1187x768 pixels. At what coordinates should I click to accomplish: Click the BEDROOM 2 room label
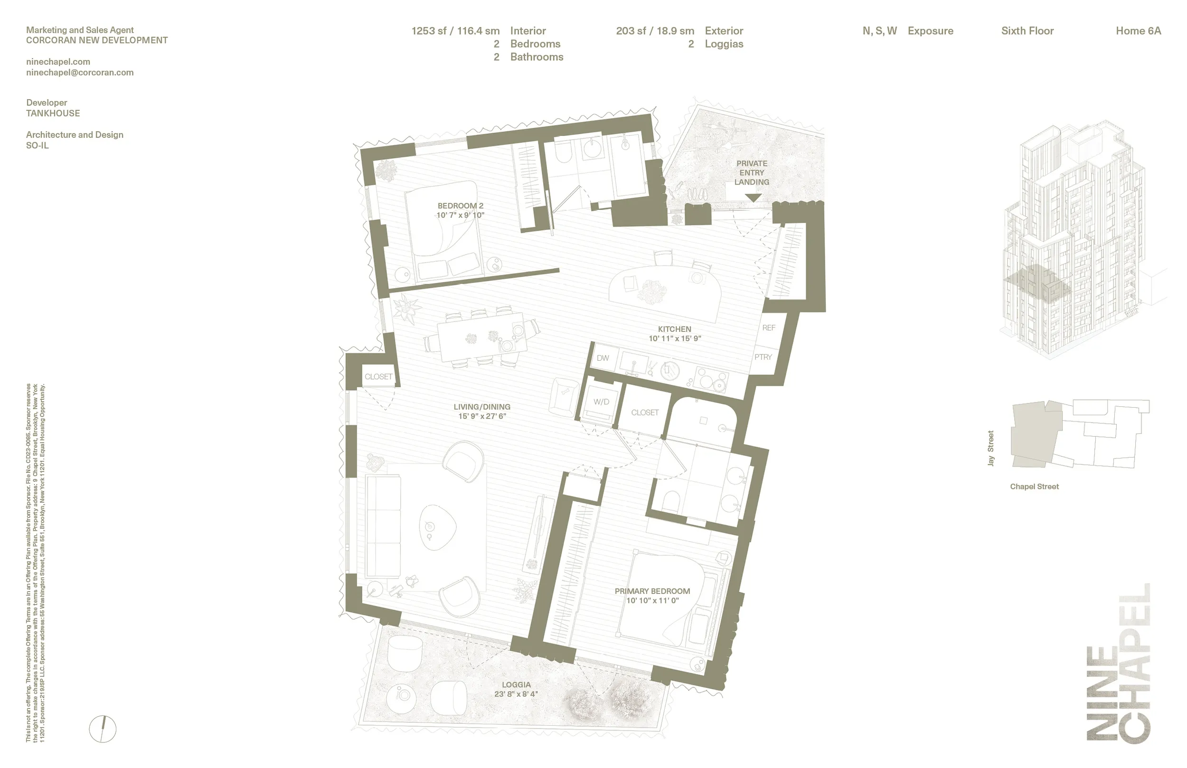click(x=461, y=206)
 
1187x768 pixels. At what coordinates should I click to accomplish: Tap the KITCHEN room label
click(x=674, y=329)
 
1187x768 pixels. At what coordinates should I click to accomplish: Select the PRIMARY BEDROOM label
click(x=652, y=591)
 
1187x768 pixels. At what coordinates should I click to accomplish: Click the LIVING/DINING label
click(x=482, y=407)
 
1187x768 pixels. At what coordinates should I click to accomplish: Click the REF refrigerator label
click(x=769, y=328)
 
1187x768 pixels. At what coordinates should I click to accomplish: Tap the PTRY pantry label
click(x=763, y=357)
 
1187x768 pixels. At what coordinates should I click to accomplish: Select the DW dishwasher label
click(x=603, y=358)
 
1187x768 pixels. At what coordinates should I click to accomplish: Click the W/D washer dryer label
click(x=601, y=402)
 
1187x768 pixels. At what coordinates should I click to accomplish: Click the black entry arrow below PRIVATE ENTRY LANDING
click(x=753, y=198)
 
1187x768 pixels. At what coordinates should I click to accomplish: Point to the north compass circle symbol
click(x=103, y=729)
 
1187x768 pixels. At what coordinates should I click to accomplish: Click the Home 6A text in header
click(x=1138, y=31)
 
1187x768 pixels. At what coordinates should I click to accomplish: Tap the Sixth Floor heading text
click(x=1027, y=31)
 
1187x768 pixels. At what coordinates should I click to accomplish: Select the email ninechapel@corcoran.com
click(x=80, y=72)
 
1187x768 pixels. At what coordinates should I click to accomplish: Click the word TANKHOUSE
click(x=53, y=113)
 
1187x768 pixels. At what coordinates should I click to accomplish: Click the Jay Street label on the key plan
click(x=990, y=448)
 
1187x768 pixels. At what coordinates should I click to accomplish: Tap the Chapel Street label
click(x=1034, y=487)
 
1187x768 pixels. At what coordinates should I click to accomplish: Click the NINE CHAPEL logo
click(x=1118, y=663)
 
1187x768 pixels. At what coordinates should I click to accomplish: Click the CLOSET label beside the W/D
click(x=644, y=413)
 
